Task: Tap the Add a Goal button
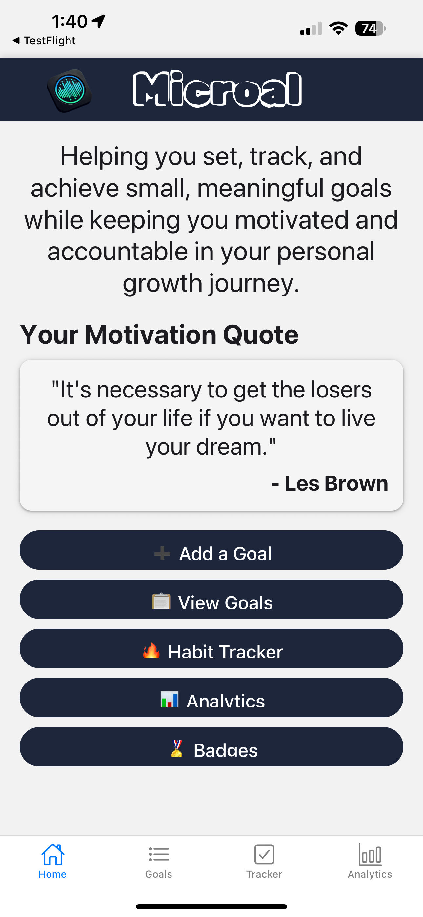click(211, 550)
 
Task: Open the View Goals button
click(211, 599)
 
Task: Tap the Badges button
click(211, 746)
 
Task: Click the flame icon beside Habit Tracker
click(151, 650)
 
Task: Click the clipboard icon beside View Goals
click(161, 601)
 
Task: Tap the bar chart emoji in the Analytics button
click(170, 699)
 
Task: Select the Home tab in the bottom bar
click(53, 861)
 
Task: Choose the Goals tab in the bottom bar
click(158, 861)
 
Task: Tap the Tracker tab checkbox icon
click(264, 854)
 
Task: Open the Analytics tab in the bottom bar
click(370, 861)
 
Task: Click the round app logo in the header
click(70, 90)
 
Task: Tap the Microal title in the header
click(217, 89)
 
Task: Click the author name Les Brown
click(336, 483)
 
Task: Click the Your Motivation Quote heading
click(159, 335)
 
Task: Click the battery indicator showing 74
click(370, 29)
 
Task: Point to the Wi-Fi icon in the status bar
click(338, 28)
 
